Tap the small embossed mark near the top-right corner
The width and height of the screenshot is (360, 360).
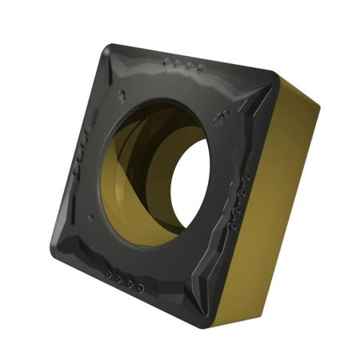(x=219, y=115)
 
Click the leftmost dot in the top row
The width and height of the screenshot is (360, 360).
(x=166, y=61)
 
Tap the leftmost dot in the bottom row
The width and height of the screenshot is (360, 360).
(x=110, y=276)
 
